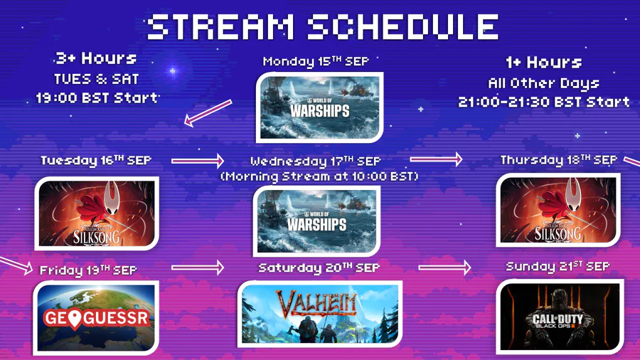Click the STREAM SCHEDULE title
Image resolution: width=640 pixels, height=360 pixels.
(322, 26)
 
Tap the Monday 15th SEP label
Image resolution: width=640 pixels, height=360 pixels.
(316, 61)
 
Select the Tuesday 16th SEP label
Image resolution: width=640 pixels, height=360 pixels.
(96, 160)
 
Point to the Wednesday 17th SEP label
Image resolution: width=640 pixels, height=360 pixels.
(316, 162)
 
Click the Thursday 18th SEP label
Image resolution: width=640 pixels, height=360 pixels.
(559, 160)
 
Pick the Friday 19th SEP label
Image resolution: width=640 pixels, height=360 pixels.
(88, 270)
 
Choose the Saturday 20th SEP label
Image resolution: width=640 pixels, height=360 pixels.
(319, 268)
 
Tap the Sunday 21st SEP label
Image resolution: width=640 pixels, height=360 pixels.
(558, 267)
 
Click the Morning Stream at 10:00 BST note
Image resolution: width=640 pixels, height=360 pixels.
(319, 176)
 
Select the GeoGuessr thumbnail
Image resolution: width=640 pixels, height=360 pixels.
(96, 317)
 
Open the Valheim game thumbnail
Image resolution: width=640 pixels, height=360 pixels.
(319, 314)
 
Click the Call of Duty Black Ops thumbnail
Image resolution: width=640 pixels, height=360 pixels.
(560, 317)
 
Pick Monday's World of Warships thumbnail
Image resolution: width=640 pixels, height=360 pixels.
(319, 107)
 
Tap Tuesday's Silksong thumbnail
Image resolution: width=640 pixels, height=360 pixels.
(97, 213)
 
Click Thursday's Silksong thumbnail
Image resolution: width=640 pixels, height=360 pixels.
(558, 210)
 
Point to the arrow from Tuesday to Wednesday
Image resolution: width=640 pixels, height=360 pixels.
(198, 161)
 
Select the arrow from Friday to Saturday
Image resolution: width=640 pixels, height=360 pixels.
(198, 268)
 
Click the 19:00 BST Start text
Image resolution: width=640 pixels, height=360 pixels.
(97, 98)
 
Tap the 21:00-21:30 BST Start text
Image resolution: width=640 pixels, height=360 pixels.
(544, 102)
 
